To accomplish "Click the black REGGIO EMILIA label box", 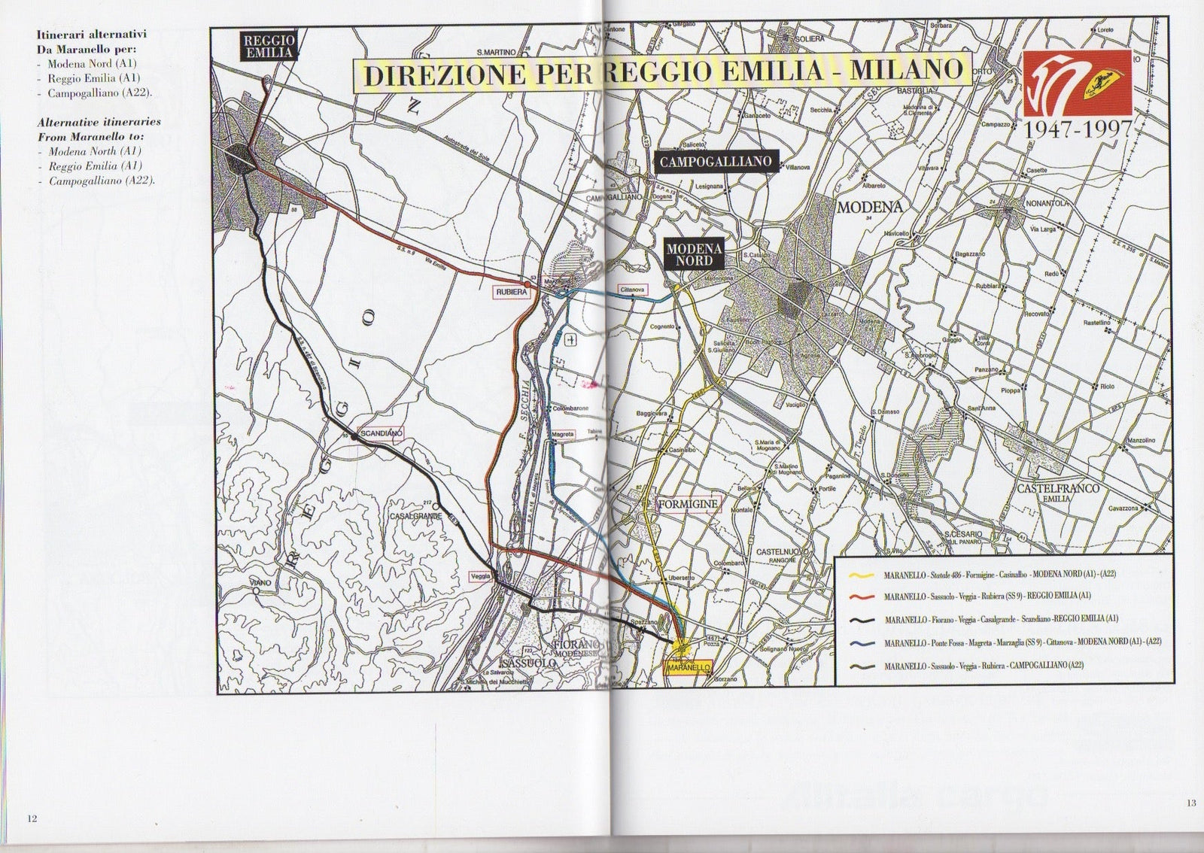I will [x=268, y=46].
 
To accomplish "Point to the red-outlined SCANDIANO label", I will [x=382, y=434].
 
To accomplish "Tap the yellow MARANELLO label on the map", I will [x=689, y=667].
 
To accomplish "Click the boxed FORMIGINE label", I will [x=689, y=503].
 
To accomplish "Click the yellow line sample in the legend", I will [x=860, y=575].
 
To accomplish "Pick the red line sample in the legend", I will [x=860, y=597].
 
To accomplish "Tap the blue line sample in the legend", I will [x=860, y=643].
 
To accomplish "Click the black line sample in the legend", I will [x=860, y=620].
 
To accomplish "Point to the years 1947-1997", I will [x=1077, y=129].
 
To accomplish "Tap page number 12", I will [x=32, y=818].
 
